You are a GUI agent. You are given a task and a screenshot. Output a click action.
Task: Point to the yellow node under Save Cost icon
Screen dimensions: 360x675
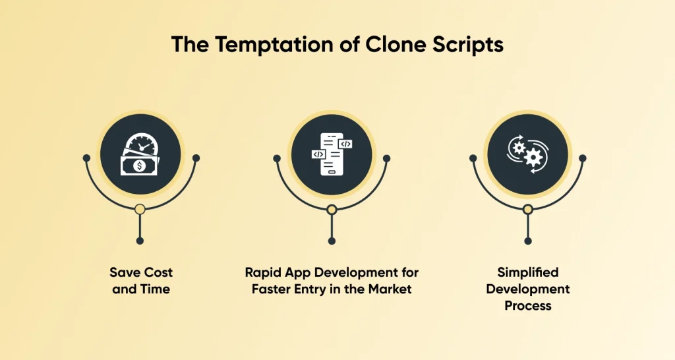click(140, 210)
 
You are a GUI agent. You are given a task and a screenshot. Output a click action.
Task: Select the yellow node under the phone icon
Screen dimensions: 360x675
click(332, 210)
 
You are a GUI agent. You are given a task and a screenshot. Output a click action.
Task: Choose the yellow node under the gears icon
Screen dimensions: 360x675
click(527, 210)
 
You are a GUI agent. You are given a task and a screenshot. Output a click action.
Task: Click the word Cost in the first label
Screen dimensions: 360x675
click(157, 272)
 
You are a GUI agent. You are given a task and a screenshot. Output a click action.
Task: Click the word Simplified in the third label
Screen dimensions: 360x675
click(527, 272)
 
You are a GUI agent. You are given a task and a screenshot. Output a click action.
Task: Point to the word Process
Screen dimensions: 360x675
click(527, 306)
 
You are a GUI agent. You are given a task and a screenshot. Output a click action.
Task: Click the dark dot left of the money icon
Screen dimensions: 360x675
click(86, 158)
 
